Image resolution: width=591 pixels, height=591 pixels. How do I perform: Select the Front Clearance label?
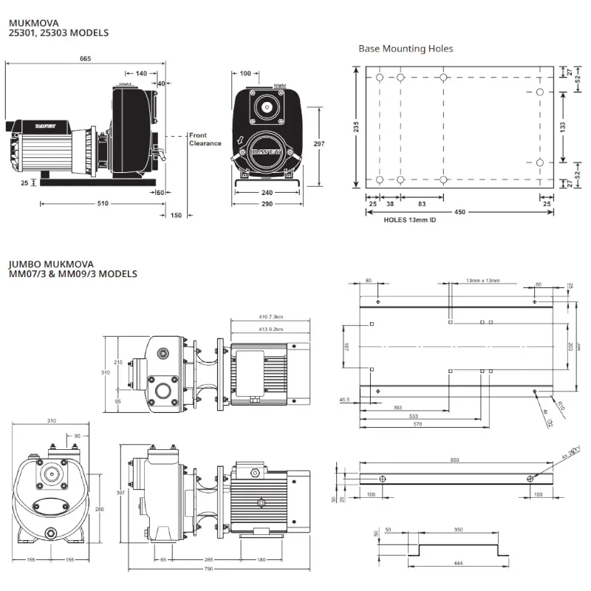coord(205,139)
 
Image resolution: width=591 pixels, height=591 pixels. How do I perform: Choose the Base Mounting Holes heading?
coord(406,49)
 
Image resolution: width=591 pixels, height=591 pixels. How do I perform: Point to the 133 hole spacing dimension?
coord(562,127)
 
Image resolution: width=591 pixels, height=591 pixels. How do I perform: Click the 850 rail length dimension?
coord(454,460)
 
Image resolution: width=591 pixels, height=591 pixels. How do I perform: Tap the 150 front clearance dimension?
coord(176,216)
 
